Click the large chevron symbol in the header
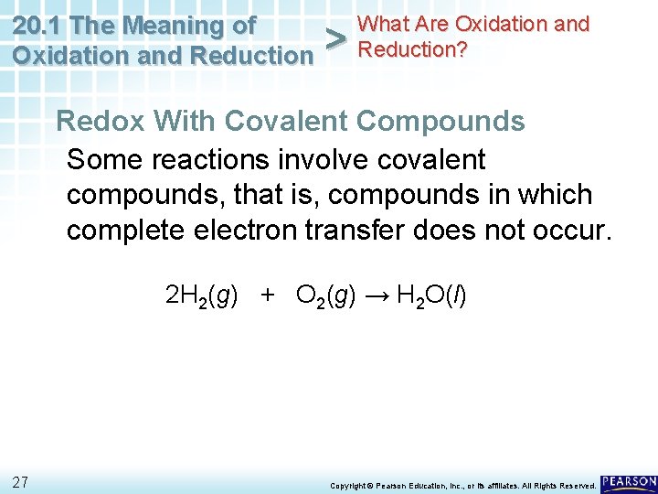pyautogui.click(x=336, y=39)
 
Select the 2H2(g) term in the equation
pyautogui.click(x=202, y=295)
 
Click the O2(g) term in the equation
pyautogui.click(x=325, y=295)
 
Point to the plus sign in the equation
pyautogui.click(x=267, y=295)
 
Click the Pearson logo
pyautogui.click(x=629, y=482)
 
